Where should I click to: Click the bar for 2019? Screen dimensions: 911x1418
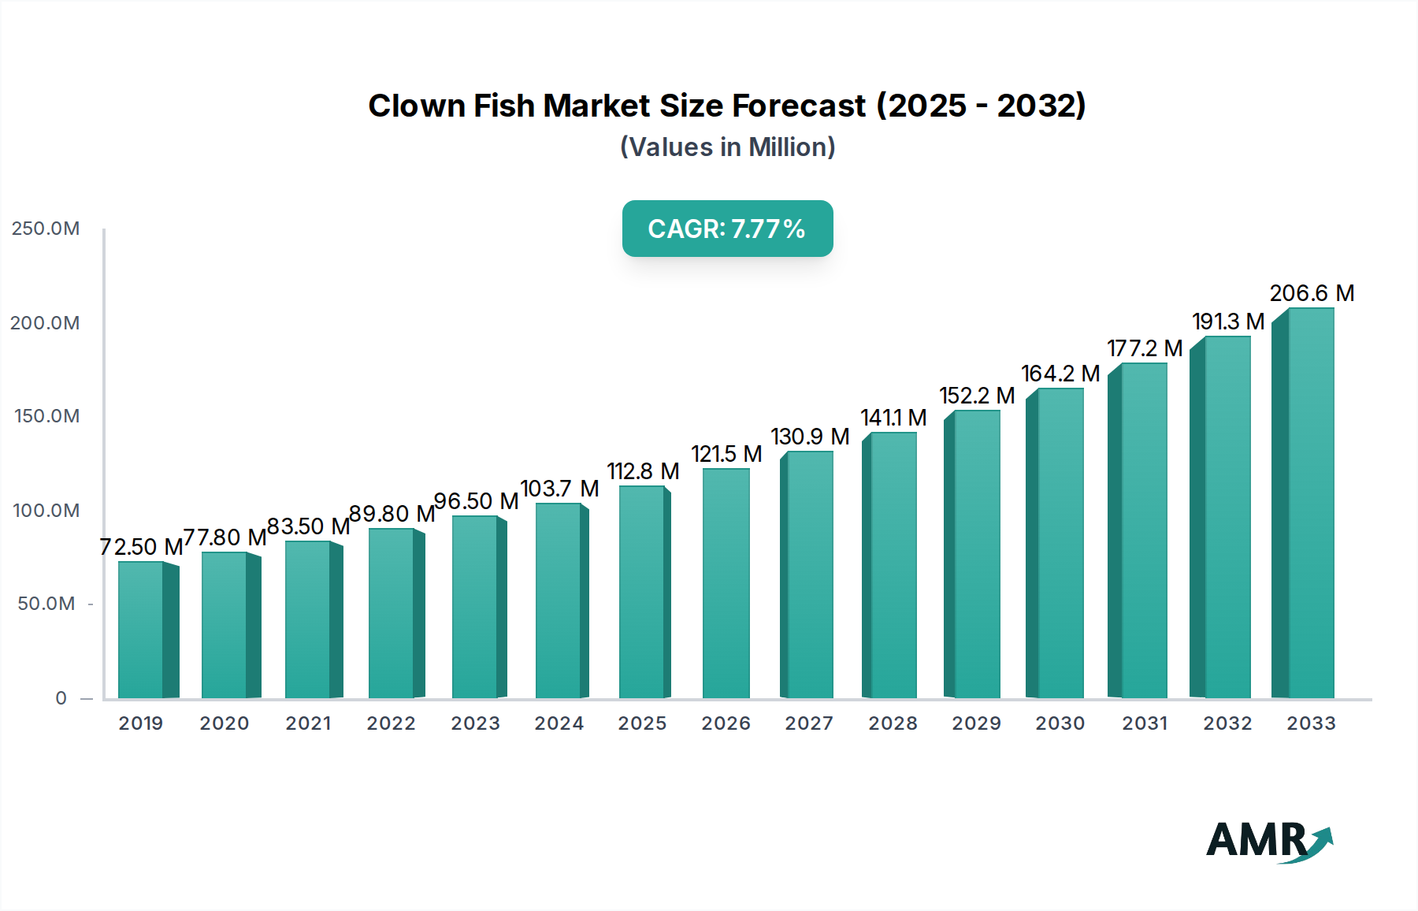[142, 630]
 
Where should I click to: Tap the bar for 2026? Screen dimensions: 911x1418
[726, 583]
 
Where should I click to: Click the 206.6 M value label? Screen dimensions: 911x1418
[1312, 293]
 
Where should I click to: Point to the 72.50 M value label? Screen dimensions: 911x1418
[141, 546]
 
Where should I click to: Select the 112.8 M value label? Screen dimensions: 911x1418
[643, 471]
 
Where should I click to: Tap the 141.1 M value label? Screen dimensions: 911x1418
[893, 418]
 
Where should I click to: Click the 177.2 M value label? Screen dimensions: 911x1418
[1145, 348]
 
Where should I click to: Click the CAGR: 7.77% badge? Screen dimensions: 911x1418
[727, 229]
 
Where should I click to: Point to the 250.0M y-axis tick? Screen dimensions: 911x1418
[46, 229]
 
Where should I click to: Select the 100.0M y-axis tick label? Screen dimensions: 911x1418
[46, 511]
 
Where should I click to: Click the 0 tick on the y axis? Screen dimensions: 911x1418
[61, 698]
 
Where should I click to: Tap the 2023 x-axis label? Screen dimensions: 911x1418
[475, 723]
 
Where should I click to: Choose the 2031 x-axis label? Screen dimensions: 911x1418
[1145, 723]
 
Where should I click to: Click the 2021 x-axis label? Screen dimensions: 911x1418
[308, 723]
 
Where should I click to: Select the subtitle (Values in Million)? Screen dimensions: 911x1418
[727, 147]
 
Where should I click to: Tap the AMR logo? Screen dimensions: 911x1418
[1268, 841]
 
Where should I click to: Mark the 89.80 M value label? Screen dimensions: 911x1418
[392, 514]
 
